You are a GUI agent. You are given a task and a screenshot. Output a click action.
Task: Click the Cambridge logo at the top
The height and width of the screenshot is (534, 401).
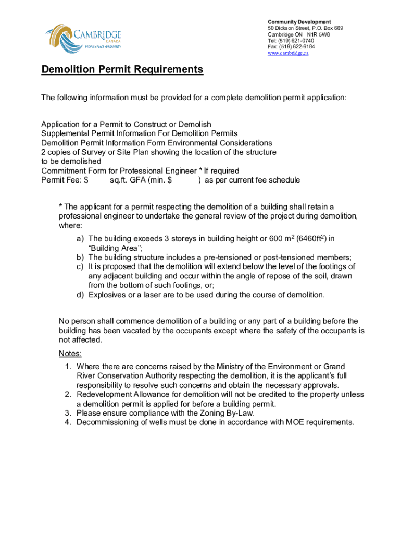click(x=83, y=37)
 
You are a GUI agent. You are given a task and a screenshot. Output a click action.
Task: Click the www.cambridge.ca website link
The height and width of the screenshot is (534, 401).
click(x=287, y=53)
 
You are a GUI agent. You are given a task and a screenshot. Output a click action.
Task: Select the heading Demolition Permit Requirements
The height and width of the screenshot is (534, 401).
click(x=122, y=70)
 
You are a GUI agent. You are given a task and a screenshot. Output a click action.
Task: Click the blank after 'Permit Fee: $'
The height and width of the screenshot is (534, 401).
click(x=99, y=180)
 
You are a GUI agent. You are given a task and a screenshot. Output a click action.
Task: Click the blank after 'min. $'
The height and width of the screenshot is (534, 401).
click(x=185, y=180)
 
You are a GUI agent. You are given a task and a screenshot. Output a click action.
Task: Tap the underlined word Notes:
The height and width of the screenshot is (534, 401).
click(x=70, y=354)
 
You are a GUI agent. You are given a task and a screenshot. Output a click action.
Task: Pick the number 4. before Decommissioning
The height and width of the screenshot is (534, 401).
click(x=68, y=422)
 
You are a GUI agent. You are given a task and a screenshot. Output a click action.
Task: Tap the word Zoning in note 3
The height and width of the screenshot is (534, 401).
click(x=211, y=413)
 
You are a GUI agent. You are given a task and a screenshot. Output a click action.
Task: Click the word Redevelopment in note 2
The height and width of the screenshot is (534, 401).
click(x=104, y=394)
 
